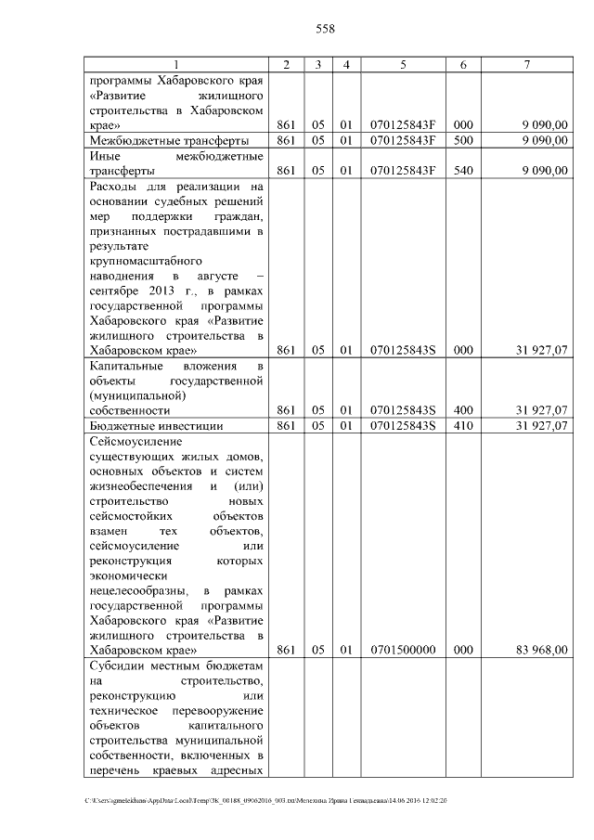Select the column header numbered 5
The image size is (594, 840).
coord(403,64)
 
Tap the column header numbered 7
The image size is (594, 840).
coord(526,64)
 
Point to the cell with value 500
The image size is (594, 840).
coord(463,140)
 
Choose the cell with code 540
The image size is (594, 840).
coord(463,170)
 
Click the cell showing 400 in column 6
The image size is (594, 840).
coord(463,410)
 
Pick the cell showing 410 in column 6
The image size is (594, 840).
coord(463,426)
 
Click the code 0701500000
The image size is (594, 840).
coord(403,651)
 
